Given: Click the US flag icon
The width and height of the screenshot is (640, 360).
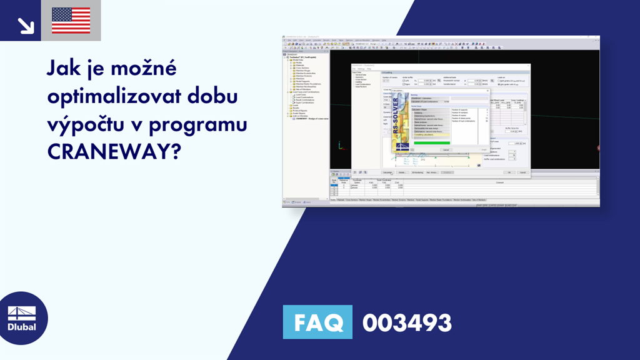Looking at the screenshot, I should pyautogui.click(x=71, y=21).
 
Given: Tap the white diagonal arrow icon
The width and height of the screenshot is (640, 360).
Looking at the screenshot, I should pyautogui.click(x=26, y=25).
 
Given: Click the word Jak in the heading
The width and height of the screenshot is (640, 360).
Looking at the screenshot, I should pyautogui.click(x=64, y=67).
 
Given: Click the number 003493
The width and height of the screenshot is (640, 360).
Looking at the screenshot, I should pyautogui.click(x=407, y=323).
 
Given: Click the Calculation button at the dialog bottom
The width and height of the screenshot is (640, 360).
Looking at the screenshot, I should pyautogui.click(x=387, y=172).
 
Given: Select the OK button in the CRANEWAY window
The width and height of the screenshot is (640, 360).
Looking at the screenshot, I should pyautogui.click(x=509, y=172).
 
